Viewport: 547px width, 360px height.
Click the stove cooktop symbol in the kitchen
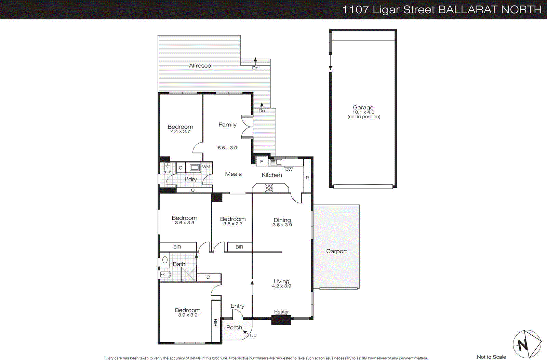pyautogui.click(x=269, y=188)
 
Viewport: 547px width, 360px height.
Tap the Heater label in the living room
pyautogui.click(x=281, y=312)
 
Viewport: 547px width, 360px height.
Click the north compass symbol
pyautogui.click(x=526, y=344)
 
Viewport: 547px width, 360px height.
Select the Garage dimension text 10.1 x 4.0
pyautogui.click(x=363, y=112)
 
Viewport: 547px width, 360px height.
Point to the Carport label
pyautogui.click(x=336, y=251)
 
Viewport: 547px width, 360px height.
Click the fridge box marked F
pyautogui.click(x=262, y=162)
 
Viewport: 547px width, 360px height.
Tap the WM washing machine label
pyautogui.click(x=206, y=167)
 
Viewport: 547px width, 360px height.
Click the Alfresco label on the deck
pyautogui.click(x=200, y=66)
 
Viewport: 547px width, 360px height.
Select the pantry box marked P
pyautogui.click(x=307, y=178)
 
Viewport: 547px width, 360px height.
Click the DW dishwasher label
pyautogui.click(x=289, y=169)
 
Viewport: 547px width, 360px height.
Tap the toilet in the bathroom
pyautogui.click(x=165, y=274)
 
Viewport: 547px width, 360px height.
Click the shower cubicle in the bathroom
pyautogui.click(x=189, y=274)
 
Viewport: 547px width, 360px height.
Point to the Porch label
pyautogui.click(x=234, y=328)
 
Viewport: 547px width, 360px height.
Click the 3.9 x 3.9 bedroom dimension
pyautogui.click(x=188, y=315)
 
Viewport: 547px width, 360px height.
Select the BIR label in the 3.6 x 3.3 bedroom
pyautogui.click(x=177, y=247)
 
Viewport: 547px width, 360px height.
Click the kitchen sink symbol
pyautogui.click(x=276, y=162)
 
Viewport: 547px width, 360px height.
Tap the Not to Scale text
pyautogui.click(x=491, y=357)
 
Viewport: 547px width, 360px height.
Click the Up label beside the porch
pyautogui.click(x=253, y=335)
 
